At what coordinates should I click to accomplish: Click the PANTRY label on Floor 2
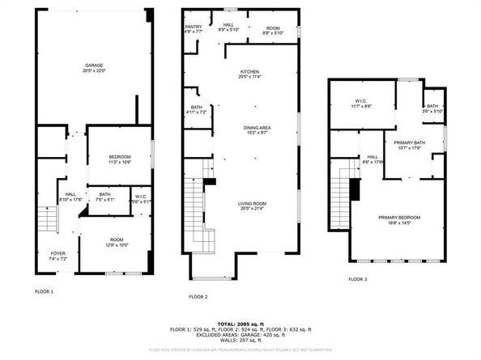pos(193,27)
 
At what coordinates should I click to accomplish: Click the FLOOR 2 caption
pos(198,297)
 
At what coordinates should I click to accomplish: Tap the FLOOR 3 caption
pos(357,279)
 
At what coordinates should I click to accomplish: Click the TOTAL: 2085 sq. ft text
pos(240,324)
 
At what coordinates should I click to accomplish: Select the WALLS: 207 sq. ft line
pos(240,341)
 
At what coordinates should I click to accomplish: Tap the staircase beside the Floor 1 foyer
pos(46,217)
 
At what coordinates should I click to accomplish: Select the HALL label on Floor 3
pos(372,157)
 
